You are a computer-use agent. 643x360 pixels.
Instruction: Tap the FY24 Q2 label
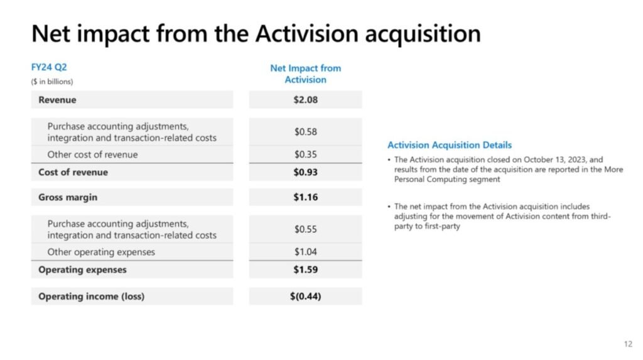(x=49, y=67)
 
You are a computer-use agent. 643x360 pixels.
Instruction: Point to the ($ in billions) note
(x=52, y=82)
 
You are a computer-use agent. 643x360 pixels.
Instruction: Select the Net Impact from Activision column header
(x=305, y=74)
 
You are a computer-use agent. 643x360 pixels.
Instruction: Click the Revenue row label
(x=57, y=100)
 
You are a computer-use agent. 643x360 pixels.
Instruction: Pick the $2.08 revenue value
(x=305, y=100)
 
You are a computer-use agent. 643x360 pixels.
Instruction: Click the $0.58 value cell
(x=305, y=132)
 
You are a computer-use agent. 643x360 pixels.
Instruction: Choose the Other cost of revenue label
(x=92, y=155)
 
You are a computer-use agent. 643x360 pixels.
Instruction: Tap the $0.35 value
(x=305, y=155)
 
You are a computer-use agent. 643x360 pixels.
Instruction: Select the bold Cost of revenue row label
(x=73, y=172)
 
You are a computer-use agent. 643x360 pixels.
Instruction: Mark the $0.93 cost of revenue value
(x=305, y=172)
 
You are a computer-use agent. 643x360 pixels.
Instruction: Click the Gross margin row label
(x=68, y=197)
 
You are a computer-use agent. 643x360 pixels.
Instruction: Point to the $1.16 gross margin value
(x=305, y=197)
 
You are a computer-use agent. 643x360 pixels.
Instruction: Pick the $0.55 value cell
(x=305, y=229)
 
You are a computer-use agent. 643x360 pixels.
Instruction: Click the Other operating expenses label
(x=101, y=252)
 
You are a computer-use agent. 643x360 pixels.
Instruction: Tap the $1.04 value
(x=305, y=252)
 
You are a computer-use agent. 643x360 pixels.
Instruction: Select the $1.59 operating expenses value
(x=305, y=270)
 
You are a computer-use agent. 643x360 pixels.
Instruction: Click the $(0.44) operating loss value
(x=305, y=297)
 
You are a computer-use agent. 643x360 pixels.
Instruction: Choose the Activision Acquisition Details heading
(x=450, y=145)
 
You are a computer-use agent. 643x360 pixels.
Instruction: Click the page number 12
(x=628, y=344)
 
